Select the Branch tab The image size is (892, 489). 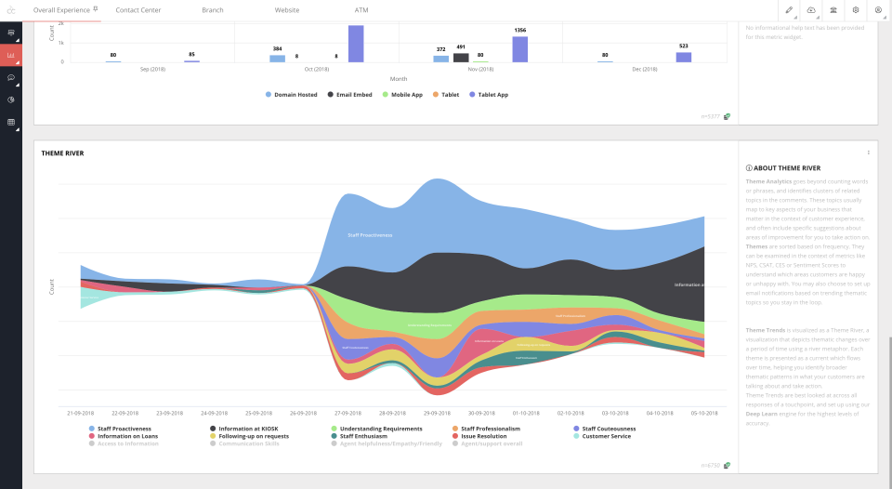click(212, 9)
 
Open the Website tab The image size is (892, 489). click(287, 9)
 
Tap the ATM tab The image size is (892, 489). click(361, 9)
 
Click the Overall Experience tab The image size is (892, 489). click(61, 9)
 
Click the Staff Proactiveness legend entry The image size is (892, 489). click(124, 429)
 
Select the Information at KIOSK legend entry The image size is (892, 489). click(247, 429)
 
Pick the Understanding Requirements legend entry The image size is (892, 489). click(374, 429)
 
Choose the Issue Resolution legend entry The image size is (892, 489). click(483, 436)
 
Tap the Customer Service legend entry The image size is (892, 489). click(605, 436)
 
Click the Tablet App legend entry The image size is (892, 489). click(492, 95)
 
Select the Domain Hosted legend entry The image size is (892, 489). click(295, 95)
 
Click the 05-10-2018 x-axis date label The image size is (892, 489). click(703, 412)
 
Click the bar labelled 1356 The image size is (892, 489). click(519, 49)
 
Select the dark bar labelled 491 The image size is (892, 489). click(461, 58)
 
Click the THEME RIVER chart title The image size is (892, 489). click(59, 152)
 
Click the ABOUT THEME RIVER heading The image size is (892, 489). click(787, 168)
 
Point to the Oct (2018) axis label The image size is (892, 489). click(316, 69)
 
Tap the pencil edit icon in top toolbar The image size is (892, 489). click(789, 9)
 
